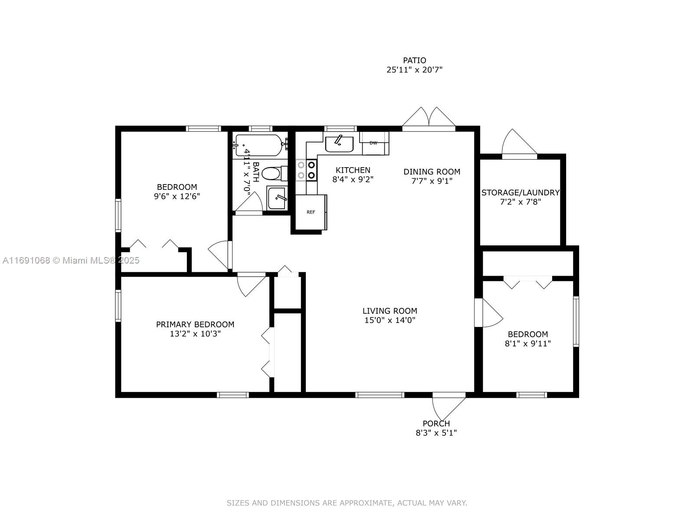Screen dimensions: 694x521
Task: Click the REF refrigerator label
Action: point(311,212)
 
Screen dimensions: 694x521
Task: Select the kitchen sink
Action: point(339,144)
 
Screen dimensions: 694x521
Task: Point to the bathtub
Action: point(260,145)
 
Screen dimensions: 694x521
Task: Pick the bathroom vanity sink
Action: point(277,198)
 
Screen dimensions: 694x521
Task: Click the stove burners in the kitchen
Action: point(306,170)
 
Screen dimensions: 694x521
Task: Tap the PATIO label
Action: point(414,60)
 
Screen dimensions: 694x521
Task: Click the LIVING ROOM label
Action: point(390,310)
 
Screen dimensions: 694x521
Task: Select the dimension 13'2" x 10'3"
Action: point(195,334)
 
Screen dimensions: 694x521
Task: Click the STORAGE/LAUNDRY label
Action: point(520,192)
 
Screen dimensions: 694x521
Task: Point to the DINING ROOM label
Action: point(432,172)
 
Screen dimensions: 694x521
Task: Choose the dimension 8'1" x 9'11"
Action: point(528,343)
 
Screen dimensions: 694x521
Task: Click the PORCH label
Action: point(436,423)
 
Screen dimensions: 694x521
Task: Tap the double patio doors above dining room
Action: point(429,119)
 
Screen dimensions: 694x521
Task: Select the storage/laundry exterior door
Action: point(519,144)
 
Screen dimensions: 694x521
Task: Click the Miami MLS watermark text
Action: point(71,260)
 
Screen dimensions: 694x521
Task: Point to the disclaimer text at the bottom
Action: point(347,503)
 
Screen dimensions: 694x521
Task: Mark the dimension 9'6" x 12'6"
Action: point(177,196)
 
